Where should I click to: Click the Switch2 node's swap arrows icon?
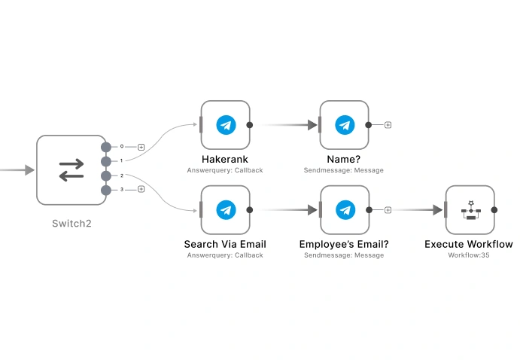pos(71,170)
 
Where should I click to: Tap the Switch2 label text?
pos(71,224)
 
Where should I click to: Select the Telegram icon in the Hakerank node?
pos(226,125)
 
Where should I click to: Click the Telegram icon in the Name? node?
pos(345,125)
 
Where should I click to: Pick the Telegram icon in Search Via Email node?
pos(226,210)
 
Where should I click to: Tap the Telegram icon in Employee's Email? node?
pos(345,210)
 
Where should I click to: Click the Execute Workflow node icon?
pos(470,210)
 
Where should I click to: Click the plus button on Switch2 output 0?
pos(141,147)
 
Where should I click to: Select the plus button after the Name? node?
pos(388,125)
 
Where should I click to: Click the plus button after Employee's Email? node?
pos(388,210)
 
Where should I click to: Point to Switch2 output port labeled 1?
pos(106,161)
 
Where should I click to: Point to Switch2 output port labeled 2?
pos(106,175)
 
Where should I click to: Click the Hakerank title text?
pos(225,160)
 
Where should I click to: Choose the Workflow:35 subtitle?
pos(468,255)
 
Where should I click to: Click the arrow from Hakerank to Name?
pos(290,125)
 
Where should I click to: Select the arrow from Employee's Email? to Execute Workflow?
pos(418,210)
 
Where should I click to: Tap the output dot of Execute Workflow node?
pos(494,210)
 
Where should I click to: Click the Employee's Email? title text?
pos(344,244)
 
